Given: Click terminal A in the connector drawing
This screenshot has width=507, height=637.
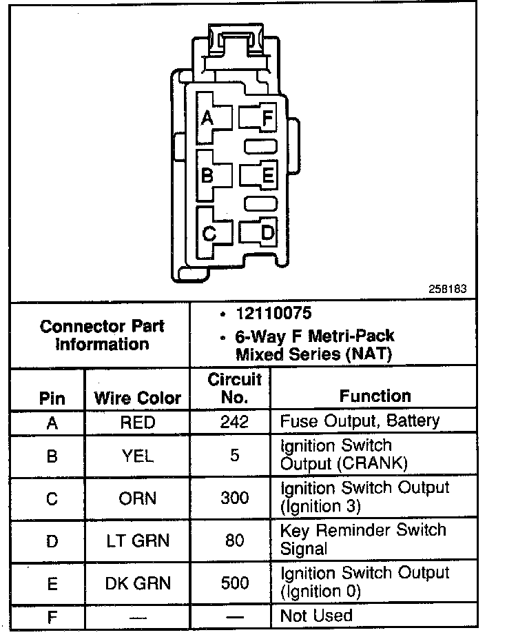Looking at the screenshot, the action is coord(207,118).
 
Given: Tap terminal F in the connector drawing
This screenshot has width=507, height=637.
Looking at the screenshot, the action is coord(266,118).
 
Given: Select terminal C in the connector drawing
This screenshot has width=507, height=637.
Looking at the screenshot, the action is coord(209,234).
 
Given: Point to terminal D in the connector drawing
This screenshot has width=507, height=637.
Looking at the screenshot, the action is coord(267,233).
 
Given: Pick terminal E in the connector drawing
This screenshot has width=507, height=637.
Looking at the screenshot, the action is coord(267,175).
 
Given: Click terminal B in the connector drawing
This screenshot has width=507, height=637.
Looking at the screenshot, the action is coord(207,175).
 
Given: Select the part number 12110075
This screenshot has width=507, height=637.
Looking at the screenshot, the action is coord(273,314).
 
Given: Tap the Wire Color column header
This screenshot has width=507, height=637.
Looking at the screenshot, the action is coord(138,398).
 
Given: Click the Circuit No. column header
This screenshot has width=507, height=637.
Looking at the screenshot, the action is coord(235,387).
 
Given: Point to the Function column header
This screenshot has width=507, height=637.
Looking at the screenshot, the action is coord(375,396).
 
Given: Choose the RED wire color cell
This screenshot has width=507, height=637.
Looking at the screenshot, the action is coord(138,421).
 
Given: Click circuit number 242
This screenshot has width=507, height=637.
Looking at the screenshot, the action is coord(235,421).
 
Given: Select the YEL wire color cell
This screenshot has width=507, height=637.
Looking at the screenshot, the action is coord(138,456).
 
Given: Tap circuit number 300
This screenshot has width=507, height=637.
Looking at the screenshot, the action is coord(235,498).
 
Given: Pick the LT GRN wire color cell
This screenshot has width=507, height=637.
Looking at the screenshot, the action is coord(138,540).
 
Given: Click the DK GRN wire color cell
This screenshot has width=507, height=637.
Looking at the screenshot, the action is coord(138,583).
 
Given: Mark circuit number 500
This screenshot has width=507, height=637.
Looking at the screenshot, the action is coord(235,583).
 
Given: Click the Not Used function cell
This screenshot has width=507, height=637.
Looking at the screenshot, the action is coord(316,615).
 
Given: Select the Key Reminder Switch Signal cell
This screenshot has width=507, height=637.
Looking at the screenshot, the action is coord(363,540).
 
